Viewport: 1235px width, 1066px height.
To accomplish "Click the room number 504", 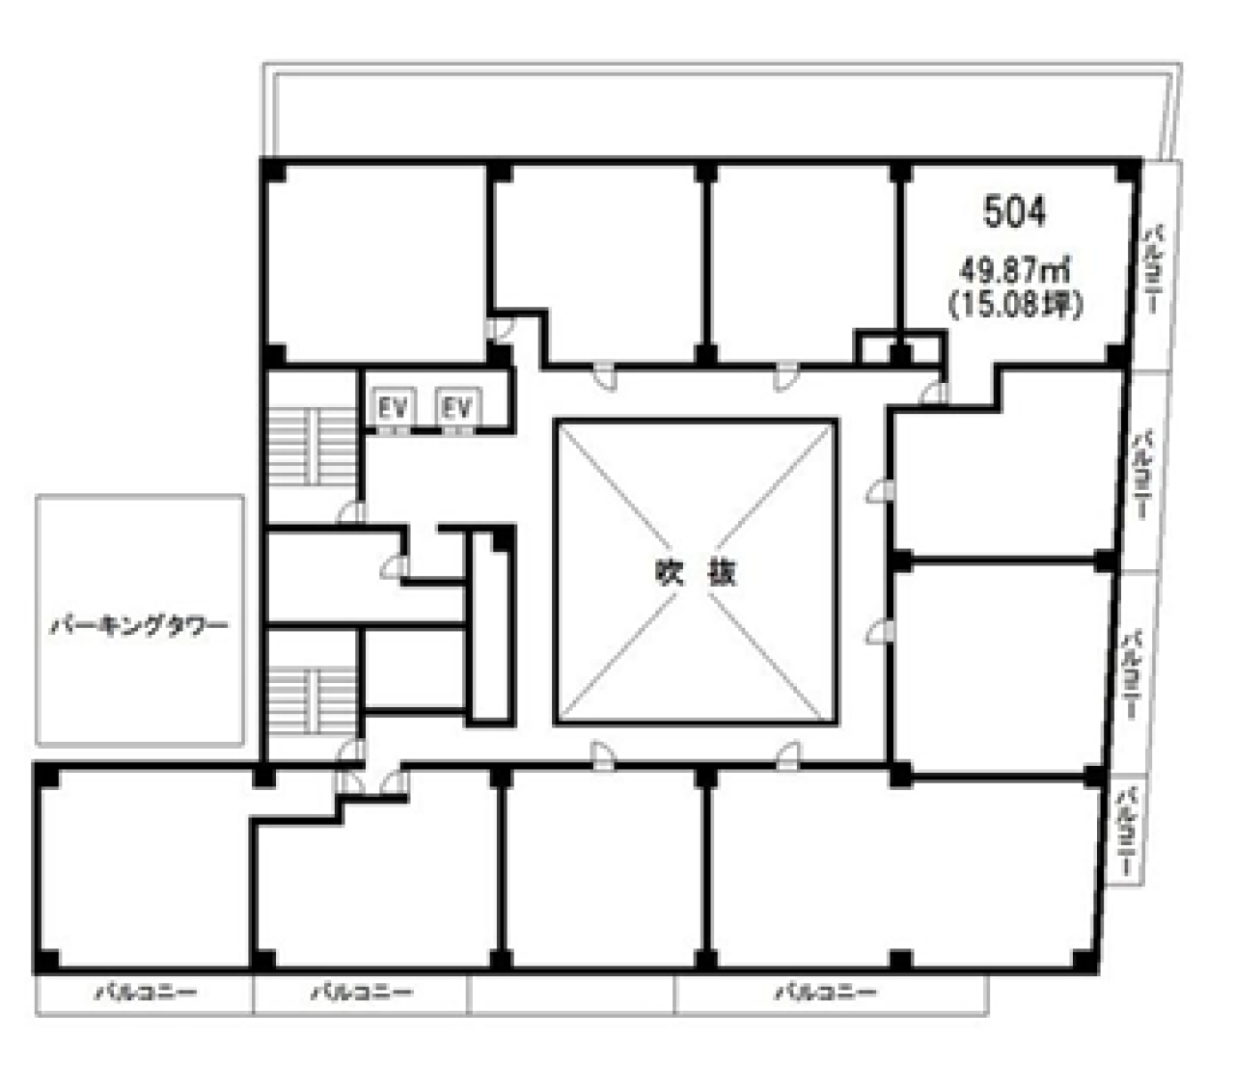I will coord(1014,212).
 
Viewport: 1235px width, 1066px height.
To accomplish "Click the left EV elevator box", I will coord(393,409).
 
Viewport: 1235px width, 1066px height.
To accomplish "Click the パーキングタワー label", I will coord(140,625).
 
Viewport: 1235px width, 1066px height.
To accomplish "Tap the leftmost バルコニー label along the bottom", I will coord(145,992).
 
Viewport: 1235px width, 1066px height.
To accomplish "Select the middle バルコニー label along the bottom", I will coord(362,992).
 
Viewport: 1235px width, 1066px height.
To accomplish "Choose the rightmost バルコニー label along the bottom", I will coord(827,992).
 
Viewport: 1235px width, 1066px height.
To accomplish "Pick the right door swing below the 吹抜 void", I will coord(788,755).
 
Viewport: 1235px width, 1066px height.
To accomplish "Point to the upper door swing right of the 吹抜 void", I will coord(878,491).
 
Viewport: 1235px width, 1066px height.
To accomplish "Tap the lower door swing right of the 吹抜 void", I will coord(878,631).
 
